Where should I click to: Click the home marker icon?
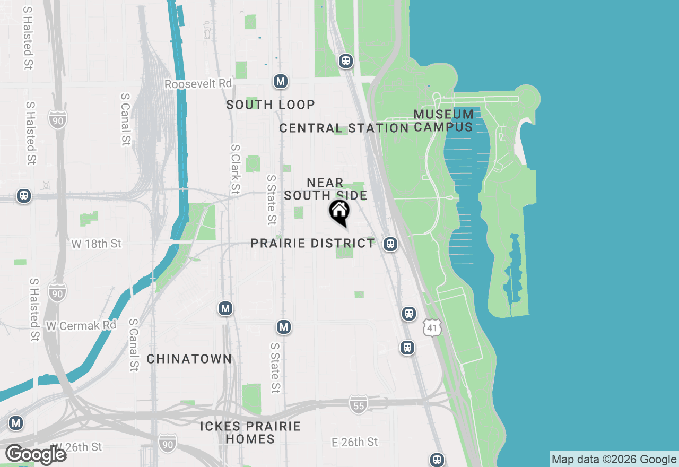pyautogui.click(x=339, y=212)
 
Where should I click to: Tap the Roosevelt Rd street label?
pyautogui.click(x=198, y=84)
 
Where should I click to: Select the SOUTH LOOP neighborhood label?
pyautogui.click(x=271, y=105)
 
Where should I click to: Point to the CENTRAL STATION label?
pyautogui.click(x=344, y=128)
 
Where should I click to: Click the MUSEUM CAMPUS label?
pyautogui.click(x=443, y=120)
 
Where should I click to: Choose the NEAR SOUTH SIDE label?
pyautogui.click(x=325, y=189)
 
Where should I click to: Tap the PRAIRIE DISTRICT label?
pyautogui.click(x=312, y=243)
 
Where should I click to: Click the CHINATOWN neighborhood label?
pyautogui.click(x=189, y=359)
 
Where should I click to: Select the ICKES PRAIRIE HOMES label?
pyautogui.click(x=250, y=433)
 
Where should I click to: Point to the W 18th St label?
pyautogui.click(x=96, y=244)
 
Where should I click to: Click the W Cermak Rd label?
pyautogui.click(x=81, y=325)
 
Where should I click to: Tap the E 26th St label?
pyautogui.click(x=354, y=442)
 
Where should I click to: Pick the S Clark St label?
pyautogui.click(x=235, y=169)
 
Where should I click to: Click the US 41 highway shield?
pyautogui.click(x=432, y=328)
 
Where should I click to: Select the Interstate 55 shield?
pyautogui.click(x=359, y=404)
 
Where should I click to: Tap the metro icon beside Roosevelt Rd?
pyautogui.click(x=281, y=82)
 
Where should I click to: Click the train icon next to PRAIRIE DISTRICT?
pyautogui.click(x=390, y=244)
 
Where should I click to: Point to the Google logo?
pyautogui.click(x=36, y=454)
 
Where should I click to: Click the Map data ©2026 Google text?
pyautogui.click(x=614, y=459)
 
